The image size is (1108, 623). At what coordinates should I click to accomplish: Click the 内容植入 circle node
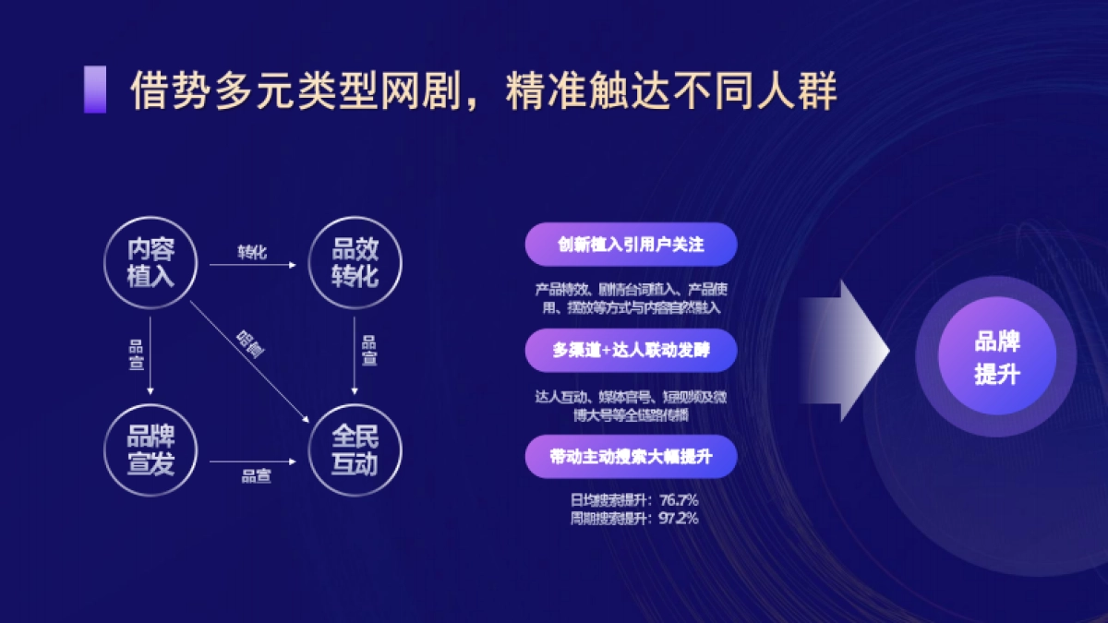151,262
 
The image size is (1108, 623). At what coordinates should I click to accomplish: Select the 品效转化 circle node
355,262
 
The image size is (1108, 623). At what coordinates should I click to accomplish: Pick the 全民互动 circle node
355,450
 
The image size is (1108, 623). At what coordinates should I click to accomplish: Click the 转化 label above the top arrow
252,252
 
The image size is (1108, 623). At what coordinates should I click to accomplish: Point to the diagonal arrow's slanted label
248,343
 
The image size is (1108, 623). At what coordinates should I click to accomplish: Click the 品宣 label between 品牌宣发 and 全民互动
256,476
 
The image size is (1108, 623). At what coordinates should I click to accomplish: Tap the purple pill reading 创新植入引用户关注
631,246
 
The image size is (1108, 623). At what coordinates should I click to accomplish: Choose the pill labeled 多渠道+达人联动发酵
631,351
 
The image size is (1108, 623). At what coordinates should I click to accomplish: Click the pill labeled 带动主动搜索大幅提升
631,456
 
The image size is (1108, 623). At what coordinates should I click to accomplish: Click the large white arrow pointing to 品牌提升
845,352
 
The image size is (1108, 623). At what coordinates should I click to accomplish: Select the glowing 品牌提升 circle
996,357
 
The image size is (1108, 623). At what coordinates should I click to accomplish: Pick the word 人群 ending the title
803,90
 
